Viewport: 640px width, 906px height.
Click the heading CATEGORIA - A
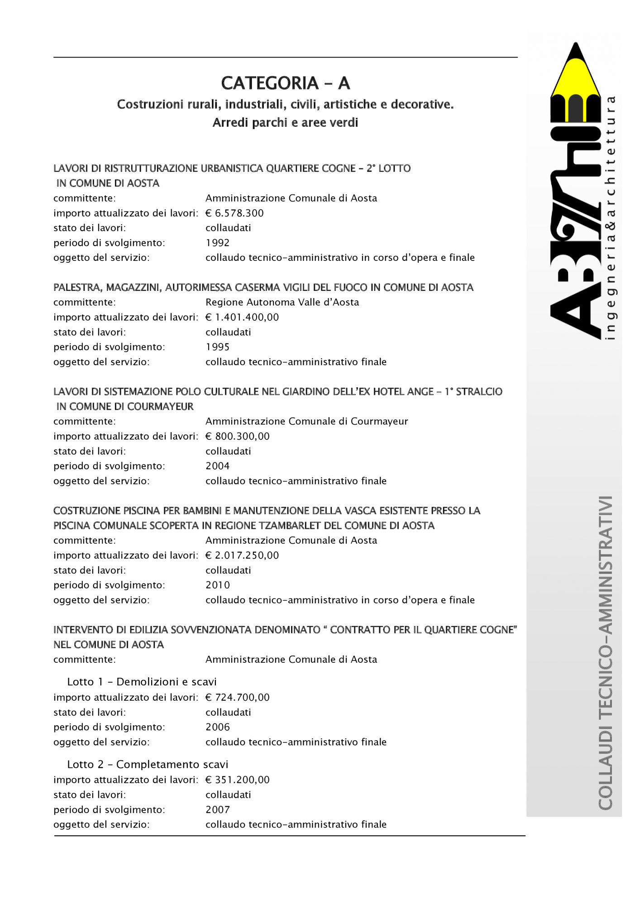tap(285, 83)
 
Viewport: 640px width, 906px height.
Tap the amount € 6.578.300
tap(234, 213)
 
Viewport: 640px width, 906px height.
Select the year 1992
tap(218, 243)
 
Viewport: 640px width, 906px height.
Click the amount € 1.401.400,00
tap(242, 317)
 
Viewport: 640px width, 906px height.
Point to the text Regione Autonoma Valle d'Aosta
tap(282, 302)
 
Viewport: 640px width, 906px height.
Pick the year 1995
tap(218, 347)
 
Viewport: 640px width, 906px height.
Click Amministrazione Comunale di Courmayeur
tap(306, 421)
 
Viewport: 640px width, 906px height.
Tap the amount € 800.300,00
tap(238, 436)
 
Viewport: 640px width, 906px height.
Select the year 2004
tap(218, 466)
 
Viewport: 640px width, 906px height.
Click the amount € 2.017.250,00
tap(242, 555)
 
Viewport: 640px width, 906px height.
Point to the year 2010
tap(218, 585)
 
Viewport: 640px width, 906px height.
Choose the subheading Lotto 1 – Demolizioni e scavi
tap(142, 682)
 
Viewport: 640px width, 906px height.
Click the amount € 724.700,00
tap(238, 697)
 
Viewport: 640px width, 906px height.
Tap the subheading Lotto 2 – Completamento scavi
tap(148, 764)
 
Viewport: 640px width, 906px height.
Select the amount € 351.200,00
tap(238, 780)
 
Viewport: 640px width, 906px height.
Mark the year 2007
tap(218, 810)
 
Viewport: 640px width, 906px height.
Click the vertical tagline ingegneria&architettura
tap(611, 217)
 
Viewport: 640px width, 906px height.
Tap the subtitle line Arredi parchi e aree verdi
tap(285, 123)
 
